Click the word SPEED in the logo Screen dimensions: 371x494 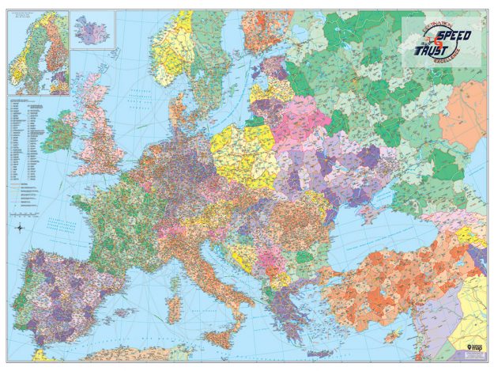(454, 36)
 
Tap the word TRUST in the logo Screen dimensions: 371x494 (433, 50)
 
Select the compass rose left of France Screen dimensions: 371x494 (19, 229)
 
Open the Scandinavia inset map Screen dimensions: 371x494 (37, 51)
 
